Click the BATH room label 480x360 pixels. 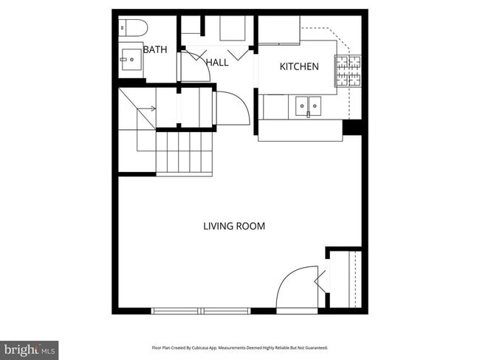155,50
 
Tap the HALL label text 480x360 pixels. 217,63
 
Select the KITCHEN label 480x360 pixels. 299,66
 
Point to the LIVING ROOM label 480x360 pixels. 234,226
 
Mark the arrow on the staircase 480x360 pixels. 148,108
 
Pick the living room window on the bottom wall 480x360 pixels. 202,311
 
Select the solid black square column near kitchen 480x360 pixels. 352,128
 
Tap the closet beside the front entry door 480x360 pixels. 343,280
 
